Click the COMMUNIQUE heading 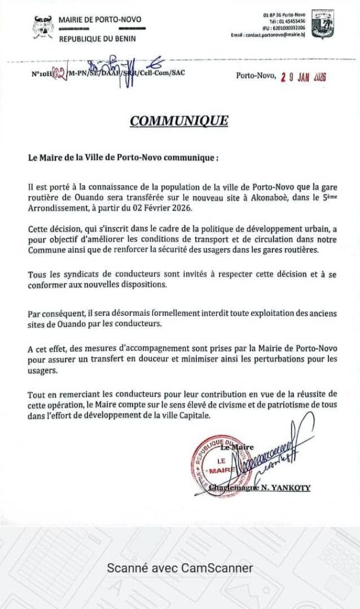(x=179, y=121)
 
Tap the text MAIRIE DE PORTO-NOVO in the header (x=100, y=20)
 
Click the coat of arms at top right (x=323, y=23)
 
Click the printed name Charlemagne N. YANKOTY (x=261, y=488)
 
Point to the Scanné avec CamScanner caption (x=180, y=568)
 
